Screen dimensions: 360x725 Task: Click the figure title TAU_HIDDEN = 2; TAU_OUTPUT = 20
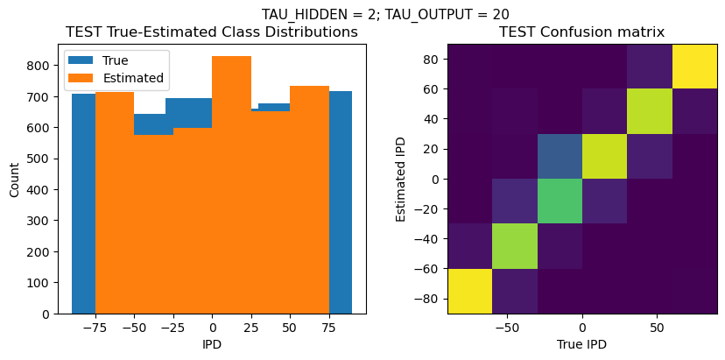[x=385, y=14]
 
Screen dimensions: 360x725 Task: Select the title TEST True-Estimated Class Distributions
[x=212, y=32]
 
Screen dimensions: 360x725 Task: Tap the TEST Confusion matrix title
[x=581, y=32]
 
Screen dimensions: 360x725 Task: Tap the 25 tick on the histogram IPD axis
[x=251, y=328]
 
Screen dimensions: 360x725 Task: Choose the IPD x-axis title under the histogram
[x=212, y=344]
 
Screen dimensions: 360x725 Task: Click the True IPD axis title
[x=581, y=344]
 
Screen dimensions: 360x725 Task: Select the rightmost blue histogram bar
[x=341, y=201]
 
